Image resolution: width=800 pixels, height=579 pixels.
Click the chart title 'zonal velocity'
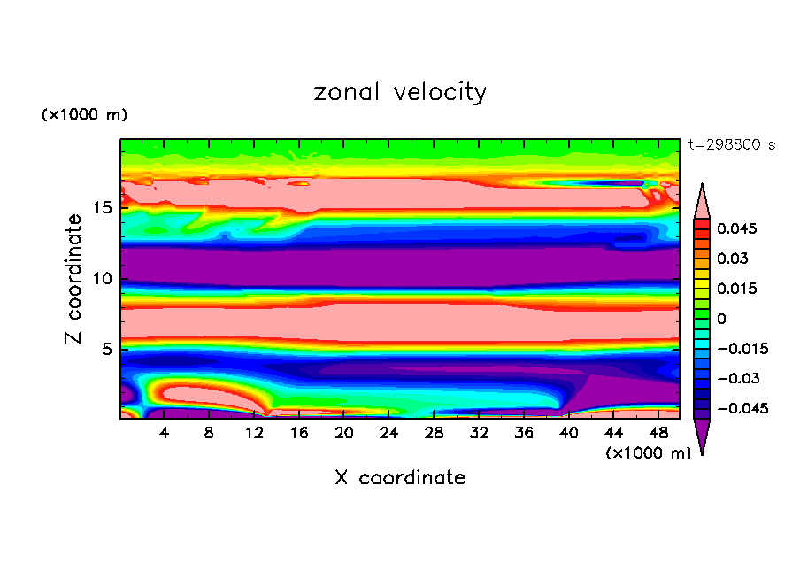click(400, 92)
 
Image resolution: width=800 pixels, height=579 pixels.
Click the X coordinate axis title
click(400, 478)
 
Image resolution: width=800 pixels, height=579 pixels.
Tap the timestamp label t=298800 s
click(731, 144)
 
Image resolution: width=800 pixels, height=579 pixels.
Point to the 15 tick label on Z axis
click(103, 208)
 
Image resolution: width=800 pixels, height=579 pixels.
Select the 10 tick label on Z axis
click(103, 279)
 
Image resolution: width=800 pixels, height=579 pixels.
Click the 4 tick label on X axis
click(165, 434)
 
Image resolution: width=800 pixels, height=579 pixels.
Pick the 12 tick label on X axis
click(254, 434)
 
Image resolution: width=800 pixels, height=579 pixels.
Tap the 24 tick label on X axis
click(388, 434)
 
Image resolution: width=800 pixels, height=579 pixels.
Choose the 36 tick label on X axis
click(523, 434)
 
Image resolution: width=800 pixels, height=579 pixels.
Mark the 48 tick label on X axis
click(658, 434)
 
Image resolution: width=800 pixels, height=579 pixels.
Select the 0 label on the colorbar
click(721, 319)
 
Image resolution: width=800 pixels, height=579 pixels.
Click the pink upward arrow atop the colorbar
click(702, 201)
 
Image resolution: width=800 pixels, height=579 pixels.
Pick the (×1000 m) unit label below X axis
click(648, 453)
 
